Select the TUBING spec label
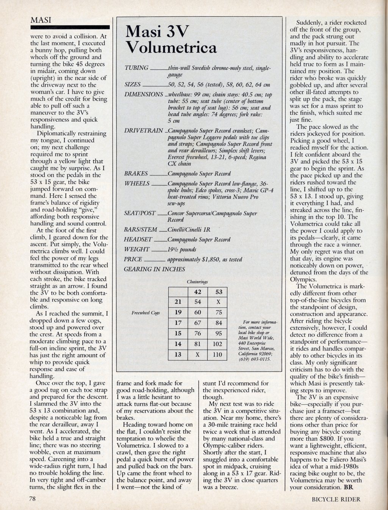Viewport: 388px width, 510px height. (x=136, y=68)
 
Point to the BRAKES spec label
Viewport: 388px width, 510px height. (x=136, y=174)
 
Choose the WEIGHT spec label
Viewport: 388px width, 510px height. (x=137, y=250)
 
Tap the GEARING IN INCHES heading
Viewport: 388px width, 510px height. (x=155, y=269)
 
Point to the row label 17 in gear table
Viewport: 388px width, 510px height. (x=178, y=323)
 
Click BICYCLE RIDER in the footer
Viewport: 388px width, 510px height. (x=336, y=499)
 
